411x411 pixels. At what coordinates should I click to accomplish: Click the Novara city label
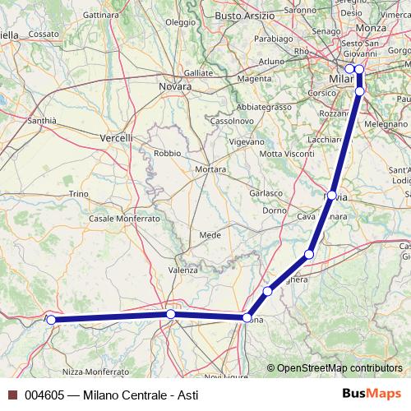click(x=174, y=85)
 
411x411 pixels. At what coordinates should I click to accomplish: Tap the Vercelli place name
click(x=116, y=138)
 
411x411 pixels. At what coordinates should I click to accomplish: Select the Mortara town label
click(x=210, y=169)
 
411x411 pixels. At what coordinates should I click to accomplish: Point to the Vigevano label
click(x=247, y=141)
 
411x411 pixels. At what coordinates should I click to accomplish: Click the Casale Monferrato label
click(x=124, y=219)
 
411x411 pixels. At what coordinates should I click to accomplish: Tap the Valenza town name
click(x=183, y=270)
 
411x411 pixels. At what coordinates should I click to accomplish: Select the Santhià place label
click(x=42, y=120)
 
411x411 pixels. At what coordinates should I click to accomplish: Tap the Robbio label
click(x=167, y=153)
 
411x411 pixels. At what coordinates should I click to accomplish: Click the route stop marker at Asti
click(x=51, y=320)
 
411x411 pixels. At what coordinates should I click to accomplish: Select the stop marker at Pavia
click(x=331, y=196)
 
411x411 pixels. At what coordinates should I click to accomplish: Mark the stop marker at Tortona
click(x=247, y=317)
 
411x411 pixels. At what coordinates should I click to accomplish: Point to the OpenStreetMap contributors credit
click(x=337, y=368)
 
